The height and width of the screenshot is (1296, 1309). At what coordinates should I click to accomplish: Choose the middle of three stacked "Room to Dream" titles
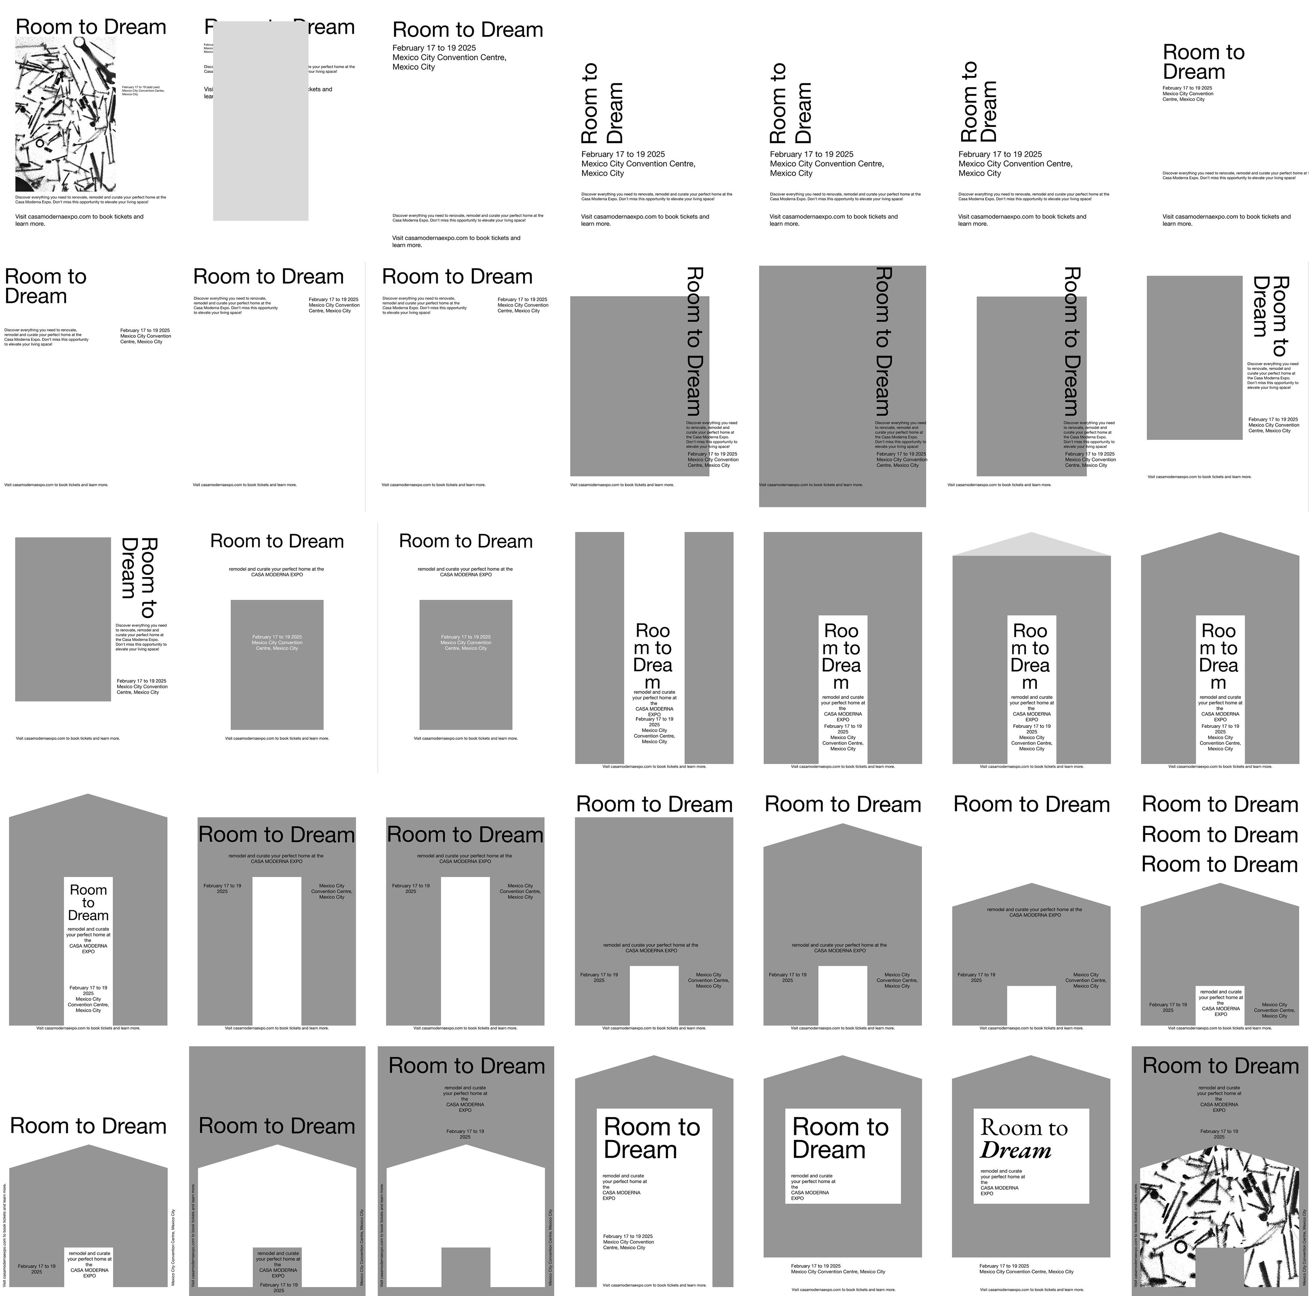tap(1220, 835)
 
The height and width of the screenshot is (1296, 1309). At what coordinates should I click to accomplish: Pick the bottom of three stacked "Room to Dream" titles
tap(1220, 865)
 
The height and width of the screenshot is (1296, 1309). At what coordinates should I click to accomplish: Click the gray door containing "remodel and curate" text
tap(277, 1267)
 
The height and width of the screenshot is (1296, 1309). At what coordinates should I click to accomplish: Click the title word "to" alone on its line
tap(88, 902)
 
